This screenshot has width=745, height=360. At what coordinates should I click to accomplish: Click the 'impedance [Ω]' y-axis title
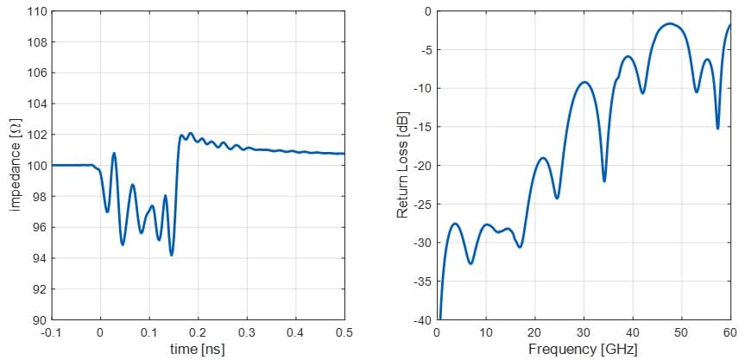(15, 165)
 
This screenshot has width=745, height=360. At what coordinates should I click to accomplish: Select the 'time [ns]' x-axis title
(199, 349)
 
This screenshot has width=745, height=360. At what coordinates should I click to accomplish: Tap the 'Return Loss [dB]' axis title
(402, 165)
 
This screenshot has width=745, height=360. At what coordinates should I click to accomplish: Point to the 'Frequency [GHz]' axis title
(583, 349)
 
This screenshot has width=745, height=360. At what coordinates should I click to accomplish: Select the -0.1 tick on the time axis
(52, 331)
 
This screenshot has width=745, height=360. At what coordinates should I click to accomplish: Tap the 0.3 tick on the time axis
(247, 331)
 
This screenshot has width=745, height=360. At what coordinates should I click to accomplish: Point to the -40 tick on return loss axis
(424, 320)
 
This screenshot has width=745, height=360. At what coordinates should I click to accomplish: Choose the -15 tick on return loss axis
(424, 127)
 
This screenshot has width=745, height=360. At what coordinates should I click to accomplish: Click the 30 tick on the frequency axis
(584, 331)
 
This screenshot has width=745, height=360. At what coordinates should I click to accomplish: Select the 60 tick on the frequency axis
(729, 331)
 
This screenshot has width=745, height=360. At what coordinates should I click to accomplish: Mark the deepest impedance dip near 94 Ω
(172, 255)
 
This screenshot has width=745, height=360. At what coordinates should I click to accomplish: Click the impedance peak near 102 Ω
(191, 133)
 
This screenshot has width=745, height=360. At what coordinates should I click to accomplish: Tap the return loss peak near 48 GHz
(669, 24)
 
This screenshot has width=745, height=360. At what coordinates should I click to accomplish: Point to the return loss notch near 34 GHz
(604, 181)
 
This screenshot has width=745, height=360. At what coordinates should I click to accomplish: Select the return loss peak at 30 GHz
(584, 82)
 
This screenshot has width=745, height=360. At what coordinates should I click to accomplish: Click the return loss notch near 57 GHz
(717, 129)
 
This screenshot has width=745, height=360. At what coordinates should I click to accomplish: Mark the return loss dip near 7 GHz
(470, 263)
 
